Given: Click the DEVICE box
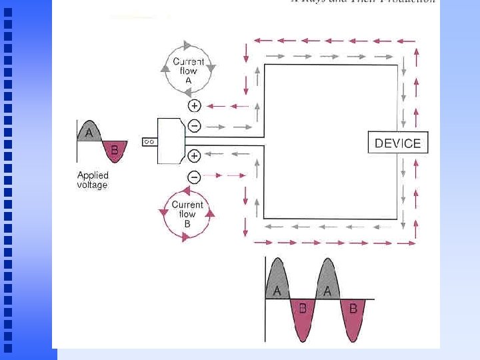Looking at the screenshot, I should (398, 143).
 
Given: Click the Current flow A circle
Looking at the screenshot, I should (189, 70).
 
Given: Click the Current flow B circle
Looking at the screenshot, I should (187, 214).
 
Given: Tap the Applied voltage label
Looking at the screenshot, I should (92, 180).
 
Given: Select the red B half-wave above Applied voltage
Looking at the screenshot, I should (113, 151).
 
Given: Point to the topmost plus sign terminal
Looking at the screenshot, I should (194, 105).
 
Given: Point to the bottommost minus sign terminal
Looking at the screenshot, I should (194, 177).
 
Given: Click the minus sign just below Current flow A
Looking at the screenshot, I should (194, 125).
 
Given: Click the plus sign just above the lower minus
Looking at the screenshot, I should (194, 155).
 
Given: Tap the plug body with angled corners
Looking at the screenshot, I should (169, 141).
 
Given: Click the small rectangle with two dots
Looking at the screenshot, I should (149, 141).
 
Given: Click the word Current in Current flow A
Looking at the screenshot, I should (188, 62).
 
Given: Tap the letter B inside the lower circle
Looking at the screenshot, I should (187, 224).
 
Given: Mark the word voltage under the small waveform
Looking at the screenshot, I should (92, 185).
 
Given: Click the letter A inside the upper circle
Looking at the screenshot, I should (188, 80).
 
